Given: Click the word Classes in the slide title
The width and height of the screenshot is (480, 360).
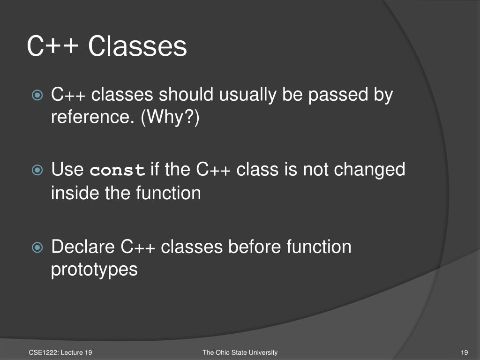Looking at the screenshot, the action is pos(137,46).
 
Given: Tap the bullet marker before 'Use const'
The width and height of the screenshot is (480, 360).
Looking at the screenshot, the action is pos(37,170).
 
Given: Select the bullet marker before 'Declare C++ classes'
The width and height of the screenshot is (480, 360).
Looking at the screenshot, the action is pos(37,247).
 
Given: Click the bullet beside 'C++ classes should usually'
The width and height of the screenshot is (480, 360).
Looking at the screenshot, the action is pos(37,95).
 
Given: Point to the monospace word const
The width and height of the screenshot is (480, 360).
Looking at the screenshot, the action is pos(117,170).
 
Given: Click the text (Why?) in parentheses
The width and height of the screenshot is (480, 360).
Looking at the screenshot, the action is pos(170,117).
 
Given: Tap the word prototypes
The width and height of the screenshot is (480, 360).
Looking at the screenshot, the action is pos(94,270).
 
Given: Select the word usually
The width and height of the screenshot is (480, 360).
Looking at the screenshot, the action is pos(247,95).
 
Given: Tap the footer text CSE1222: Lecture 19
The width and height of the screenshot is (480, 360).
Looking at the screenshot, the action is pos(60,352).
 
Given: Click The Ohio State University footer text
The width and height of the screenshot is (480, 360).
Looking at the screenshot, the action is pos(240,352).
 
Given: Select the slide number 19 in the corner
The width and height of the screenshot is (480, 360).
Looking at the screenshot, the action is pos(465,352).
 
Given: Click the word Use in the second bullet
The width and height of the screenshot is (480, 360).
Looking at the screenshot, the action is pos(67,170).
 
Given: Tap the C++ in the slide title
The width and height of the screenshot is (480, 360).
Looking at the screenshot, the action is pos(52,46).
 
